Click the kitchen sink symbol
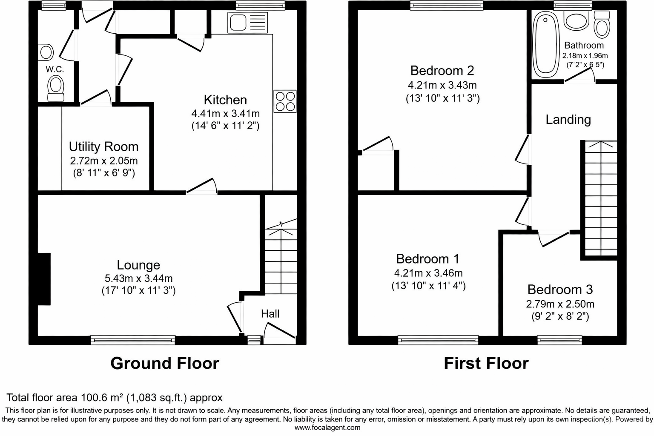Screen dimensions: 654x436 click(x=247, y=22)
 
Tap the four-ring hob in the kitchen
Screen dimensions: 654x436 click(x=285, y=101)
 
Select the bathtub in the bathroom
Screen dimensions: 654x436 click(x=545, y=44)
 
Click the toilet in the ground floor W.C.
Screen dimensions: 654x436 click(x=55, y=88)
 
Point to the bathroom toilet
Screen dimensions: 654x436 click(x=602, y=25)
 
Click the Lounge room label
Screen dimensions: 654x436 click(x=138, y=265)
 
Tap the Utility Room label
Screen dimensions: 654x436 click(x=103, y=146)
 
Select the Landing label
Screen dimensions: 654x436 click(x=568, y=120)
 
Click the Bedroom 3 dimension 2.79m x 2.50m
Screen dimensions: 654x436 click(x=560, y=304)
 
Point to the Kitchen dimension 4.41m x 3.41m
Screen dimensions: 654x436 click(x=225, y=113)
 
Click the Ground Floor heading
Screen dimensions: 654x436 click(x=165, y=363)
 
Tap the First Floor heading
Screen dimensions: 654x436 click(x=486, y=363)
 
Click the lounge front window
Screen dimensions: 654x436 click(x=133, y=340)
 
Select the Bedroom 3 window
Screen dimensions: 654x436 click(x=560, y=340)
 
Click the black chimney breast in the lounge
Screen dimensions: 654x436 click(x=44, y=279)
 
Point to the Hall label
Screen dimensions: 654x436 click(x=270, y=314)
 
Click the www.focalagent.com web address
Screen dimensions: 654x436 click(x=327, y=428)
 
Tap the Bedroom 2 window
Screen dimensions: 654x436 click(x=447, y=5)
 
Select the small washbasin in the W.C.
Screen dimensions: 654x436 click(x=45, y=52)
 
